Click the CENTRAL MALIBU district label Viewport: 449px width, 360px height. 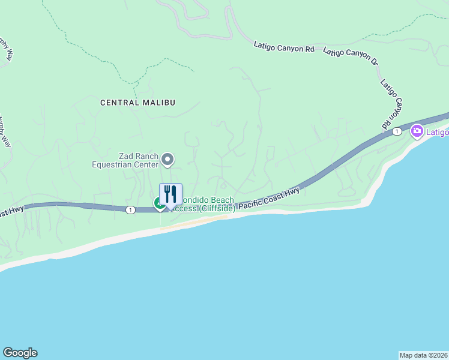(x=137, y=103)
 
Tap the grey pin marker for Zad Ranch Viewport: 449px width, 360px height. (x=168, y=160)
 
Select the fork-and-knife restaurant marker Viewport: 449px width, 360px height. (x=170, y=194)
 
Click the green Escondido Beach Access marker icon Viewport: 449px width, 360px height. (x=160, y=204)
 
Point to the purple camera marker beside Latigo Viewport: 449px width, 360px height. (x=417, y=131)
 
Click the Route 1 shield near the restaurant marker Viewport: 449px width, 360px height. (x=130, y=209)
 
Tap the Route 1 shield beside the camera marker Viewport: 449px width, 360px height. (x=396, y=131)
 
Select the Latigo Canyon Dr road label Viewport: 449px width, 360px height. (x=351, y=57)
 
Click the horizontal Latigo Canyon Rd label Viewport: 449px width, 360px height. (x=284, y=46)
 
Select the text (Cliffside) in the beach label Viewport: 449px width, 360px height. (x=217, y=208)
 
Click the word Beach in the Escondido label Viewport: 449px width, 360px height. (x=221, y=199)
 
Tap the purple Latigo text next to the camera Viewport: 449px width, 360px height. (x=437, y=132)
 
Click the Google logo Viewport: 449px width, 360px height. (x=20, y=353)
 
